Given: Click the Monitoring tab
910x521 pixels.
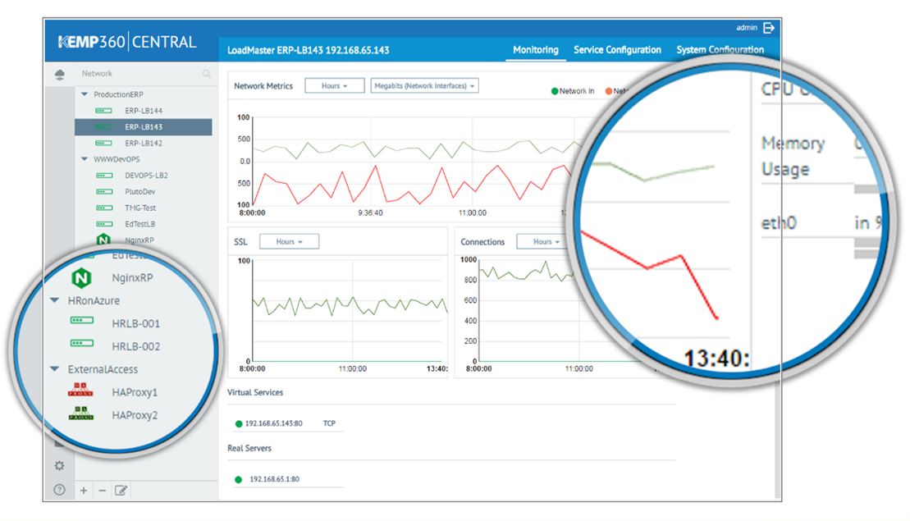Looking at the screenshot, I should (x=535, y=50).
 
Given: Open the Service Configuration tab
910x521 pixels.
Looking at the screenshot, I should (x=617, y=50).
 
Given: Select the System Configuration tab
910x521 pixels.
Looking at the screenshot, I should (x=720, y=50).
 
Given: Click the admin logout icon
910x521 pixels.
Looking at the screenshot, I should (x=769, y=28).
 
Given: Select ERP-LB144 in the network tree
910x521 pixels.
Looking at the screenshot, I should (x=144, y=111).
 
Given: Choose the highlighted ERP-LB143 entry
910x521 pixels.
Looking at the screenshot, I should (x=144, y=127).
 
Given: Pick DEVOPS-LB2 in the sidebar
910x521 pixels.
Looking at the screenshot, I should (x=146, y=176).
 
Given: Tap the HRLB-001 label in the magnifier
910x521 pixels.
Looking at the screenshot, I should (x=136, y=324).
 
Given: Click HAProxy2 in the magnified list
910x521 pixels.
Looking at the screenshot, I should (x=135, y=415).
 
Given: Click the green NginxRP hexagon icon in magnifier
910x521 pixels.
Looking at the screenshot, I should (x=81, y=278).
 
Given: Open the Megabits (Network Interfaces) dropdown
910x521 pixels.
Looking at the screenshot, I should (x=424, y=86).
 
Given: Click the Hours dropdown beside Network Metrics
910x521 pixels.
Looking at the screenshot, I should (x=334, y=86).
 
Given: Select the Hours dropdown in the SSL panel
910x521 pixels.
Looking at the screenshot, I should (x=289, y=242).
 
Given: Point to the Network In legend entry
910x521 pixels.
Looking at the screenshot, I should (x=574, y=91).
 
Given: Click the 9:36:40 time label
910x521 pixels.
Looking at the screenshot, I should (x=376, y=213).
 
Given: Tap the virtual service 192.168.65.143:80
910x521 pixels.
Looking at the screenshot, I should (x=273, y=424).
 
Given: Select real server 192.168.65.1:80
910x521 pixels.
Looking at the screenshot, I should (x=274, y=479).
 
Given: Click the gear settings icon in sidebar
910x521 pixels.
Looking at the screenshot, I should (x=59, y=466).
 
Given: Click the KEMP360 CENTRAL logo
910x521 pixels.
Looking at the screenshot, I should (x=127, y=42).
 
